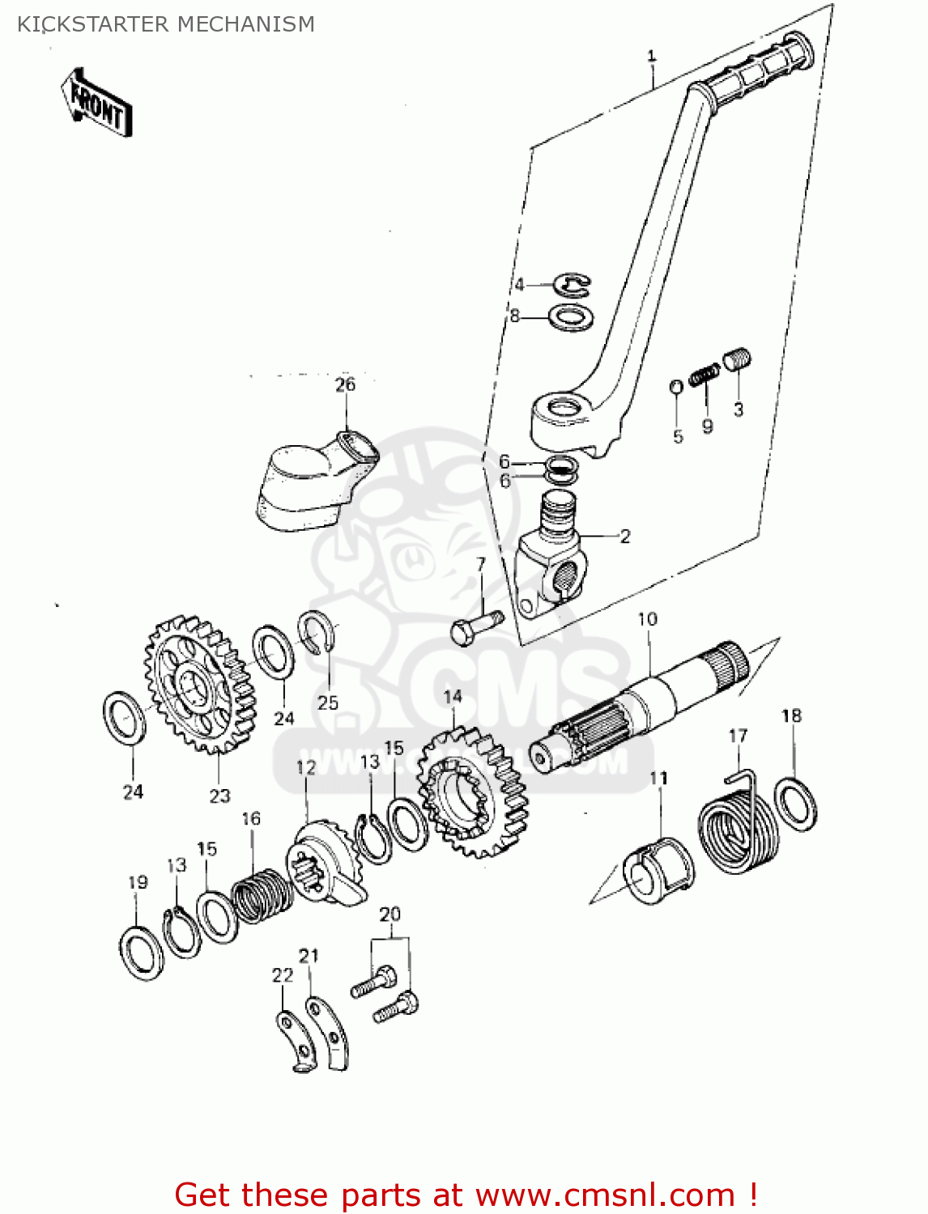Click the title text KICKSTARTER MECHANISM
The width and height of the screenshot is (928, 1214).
point(166,24)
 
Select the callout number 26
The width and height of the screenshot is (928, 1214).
point(345,384)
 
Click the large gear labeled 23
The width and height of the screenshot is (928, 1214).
point(198,684)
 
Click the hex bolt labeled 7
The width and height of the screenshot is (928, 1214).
point(474,627)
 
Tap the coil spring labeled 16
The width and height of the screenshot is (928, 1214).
point(262,894)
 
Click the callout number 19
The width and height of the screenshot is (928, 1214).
point(138,881)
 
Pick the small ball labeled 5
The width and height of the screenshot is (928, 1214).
point(676,386)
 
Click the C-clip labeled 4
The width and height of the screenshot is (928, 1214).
point(573,283)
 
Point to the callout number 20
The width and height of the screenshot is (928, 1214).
point(390,914)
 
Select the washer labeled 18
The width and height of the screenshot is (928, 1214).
point(795,803)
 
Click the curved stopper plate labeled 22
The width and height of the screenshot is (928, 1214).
point(293,1040)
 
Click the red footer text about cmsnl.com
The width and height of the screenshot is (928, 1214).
point(466,1195)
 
